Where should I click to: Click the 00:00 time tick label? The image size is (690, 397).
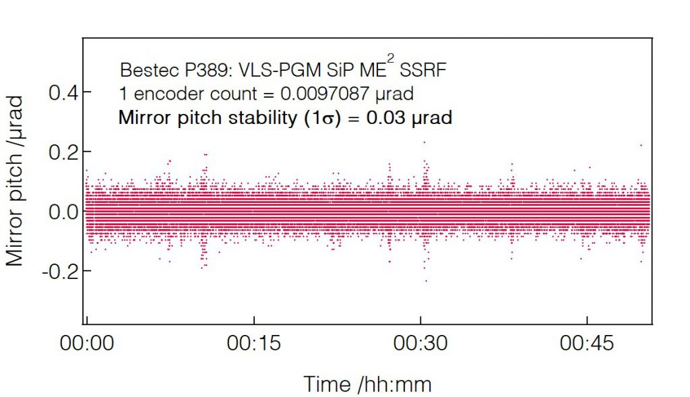[86, 344]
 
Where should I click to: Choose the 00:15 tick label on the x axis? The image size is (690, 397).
[253, 344]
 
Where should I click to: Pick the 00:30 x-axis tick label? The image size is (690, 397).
[420, 344]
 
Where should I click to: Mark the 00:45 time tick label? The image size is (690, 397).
[587, 344]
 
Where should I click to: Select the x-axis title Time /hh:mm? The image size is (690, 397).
[367, 384]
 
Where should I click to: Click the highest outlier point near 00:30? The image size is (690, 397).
[424, 142]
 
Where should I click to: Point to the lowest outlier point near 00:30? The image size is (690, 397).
[426, 280]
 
